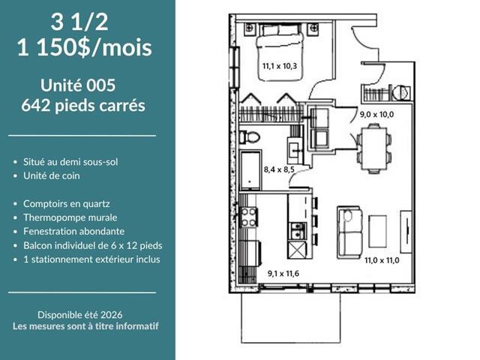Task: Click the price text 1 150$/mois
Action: point(85,48)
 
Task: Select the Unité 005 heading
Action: point(78,85)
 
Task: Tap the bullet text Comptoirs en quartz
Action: point(67,203)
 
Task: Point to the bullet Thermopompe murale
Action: point(70,217)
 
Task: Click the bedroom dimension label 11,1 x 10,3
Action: point(280,66)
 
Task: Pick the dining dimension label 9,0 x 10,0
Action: point(376,115)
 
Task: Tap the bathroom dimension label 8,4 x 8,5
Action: point(279,169)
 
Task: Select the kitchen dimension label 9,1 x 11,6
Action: point(283,273)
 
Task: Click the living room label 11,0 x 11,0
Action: point(382,260)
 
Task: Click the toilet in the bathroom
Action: point(249,136)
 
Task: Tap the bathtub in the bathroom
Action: point(250,169)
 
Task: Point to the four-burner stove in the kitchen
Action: point(249,217)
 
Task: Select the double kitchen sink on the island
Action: point(298,230)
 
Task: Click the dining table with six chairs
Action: point(374,148)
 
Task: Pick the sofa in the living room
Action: point(350,232)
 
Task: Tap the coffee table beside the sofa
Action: point(377,231)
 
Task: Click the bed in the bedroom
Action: point(280,52)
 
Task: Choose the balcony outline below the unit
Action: point(291,342)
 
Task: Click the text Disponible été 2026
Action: point(80,315)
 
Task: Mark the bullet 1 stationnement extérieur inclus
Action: point(91,259)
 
